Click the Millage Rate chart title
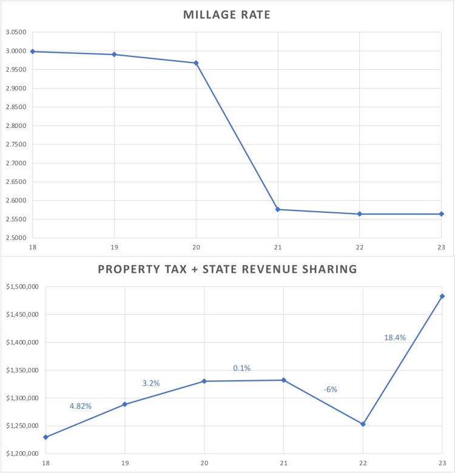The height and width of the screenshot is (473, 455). pyautogui.click(x=227, y=15)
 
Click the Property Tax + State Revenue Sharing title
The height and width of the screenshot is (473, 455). pyautogui.click(x=227, y=269)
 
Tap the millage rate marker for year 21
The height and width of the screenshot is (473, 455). pyautogui.click(x=278, y=209)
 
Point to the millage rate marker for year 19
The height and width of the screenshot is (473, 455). pyautogui.click(x=114, y=55)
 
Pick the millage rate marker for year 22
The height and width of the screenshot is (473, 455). pyautogui.click(x=360, y=214)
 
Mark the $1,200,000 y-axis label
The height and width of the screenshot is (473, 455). pyautogui.click(x=21, y=454)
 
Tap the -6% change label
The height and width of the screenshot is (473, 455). pyautogui.click(x=330, y=390)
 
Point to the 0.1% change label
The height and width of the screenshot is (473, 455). pyautogui.click(x=241, y=368)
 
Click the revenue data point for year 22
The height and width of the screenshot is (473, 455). pyautogui.click(x=363, y=424)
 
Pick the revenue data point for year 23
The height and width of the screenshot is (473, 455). pyautogui.click(x=442, y=296)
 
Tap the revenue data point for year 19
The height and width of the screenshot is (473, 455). pyautogui.click(x=125, y=404)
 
